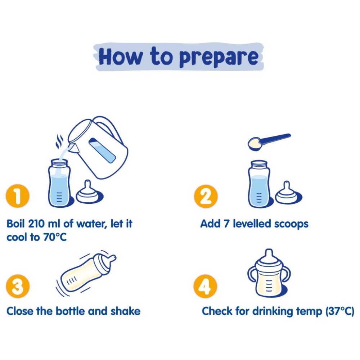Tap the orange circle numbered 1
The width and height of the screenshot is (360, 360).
[x=18, y=196]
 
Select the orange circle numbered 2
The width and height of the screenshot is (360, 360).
[x=206, y=196]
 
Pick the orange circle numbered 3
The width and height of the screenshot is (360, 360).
[x=18, y=286]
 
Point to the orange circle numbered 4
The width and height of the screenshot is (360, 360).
[x=205, y=286]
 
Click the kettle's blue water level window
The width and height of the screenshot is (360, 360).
[x=102, y=150]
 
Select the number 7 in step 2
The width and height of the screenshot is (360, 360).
[x=226, y=224]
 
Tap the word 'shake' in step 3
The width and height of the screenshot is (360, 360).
[x=125, y=311]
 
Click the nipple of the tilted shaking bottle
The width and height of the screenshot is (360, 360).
[x=112, y=258]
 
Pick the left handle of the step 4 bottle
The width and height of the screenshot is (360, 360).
[x=252, y=275]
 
